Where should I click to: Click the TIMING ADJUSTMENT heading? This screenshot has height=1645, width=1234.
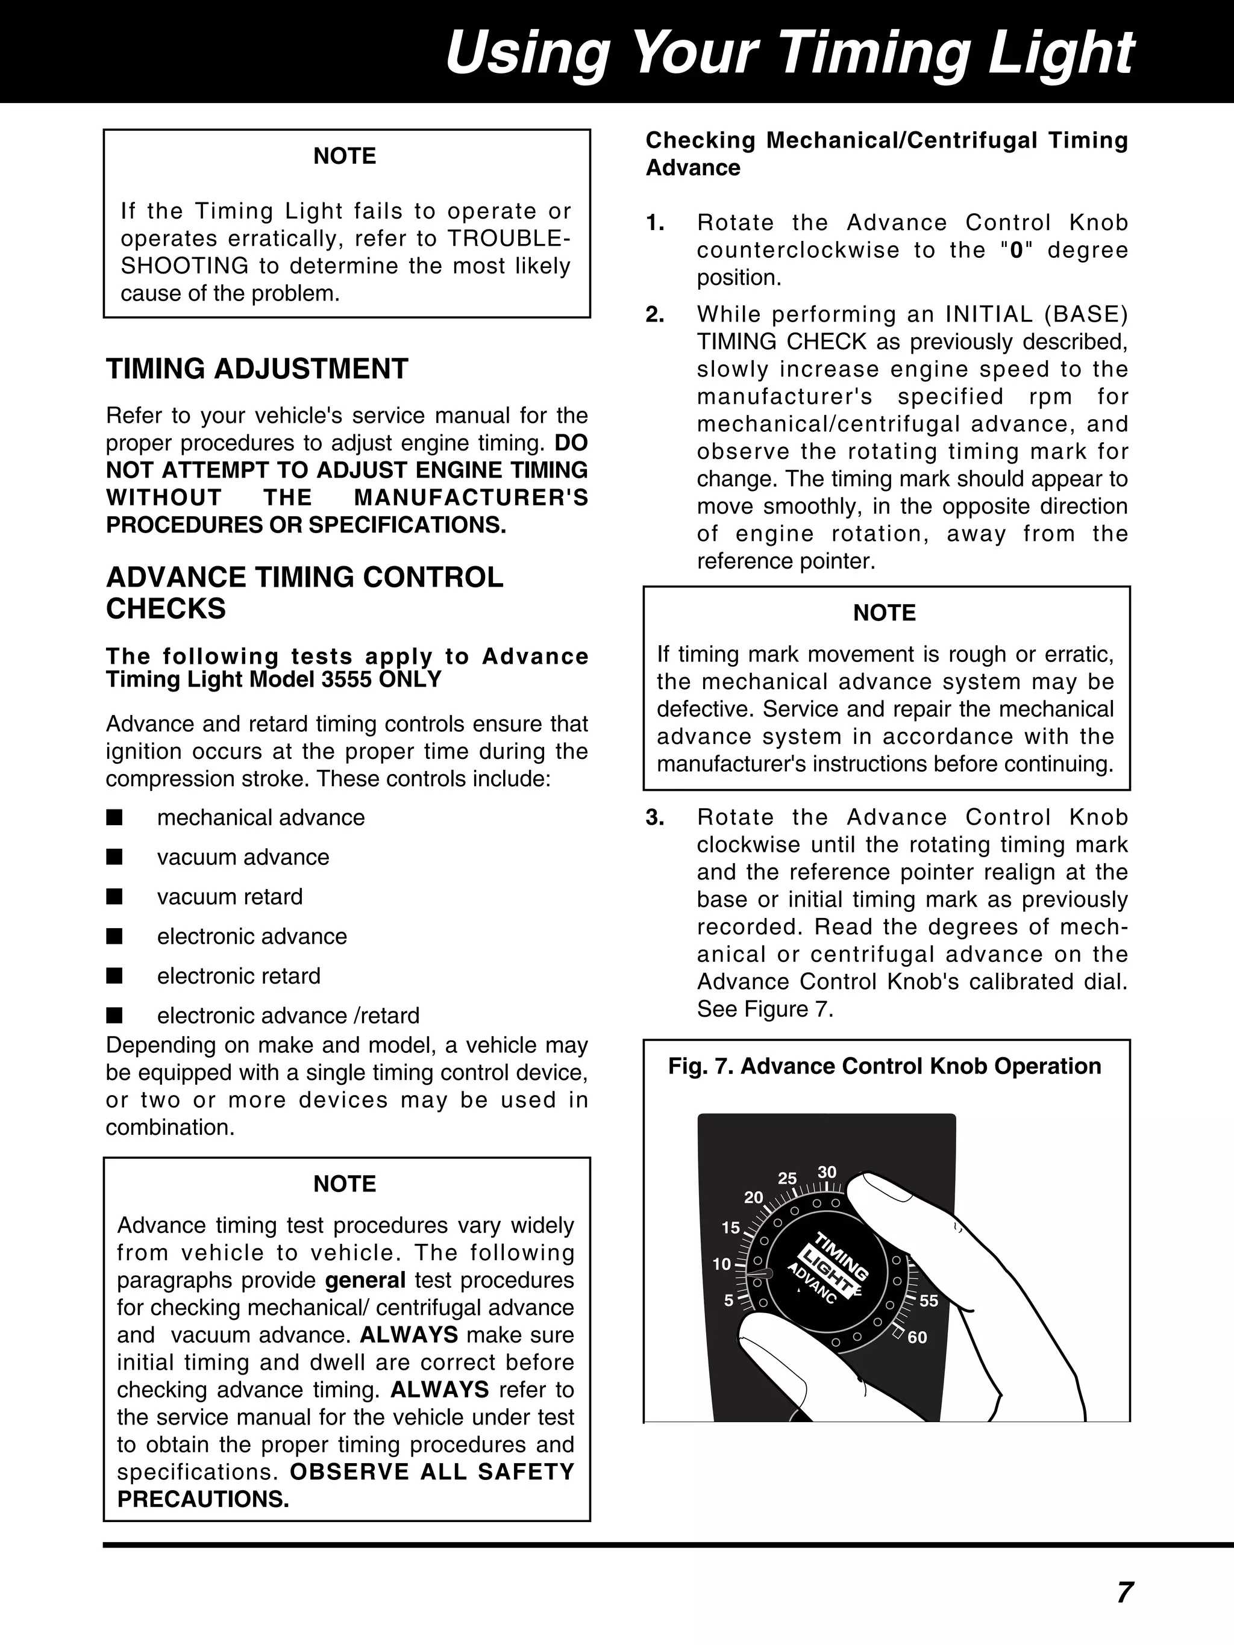[x=257, y=369]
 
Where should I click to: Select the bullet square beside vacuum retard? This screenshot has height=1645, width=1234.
[x=114, y=897]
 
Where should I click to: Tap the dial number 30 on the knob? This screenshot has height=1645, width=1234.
[x=827, y=1173]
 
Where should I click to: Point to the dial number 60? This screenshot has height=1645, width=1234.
[x=917, y=1337]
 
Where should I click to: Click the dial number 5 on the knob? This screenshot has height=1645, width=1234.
[x=729, y=1300]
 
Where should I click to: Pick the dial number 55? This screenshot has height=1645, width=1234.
[x=929, y=1300]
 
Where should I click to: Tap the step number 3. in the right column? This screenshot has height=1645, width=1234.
[x=654, y=817]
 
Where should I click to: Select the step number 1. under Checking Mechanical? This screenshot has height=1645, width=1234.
[x=654, y=222]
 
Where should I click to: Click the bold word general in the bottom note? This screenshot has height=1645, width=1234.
[x=365, y=1280]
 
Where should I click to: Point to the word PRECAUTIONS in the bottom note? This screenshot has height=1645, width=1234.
[x=202, y=1499]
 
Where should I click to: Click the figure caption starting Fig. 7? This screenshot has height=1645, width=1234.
[x=884, y=1066]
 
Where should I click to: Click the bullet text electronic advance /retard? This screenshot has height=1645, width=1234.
[x=288, y=1015]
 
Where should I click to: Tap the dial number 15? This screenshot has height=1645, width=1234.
[x=730, y=1228]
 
